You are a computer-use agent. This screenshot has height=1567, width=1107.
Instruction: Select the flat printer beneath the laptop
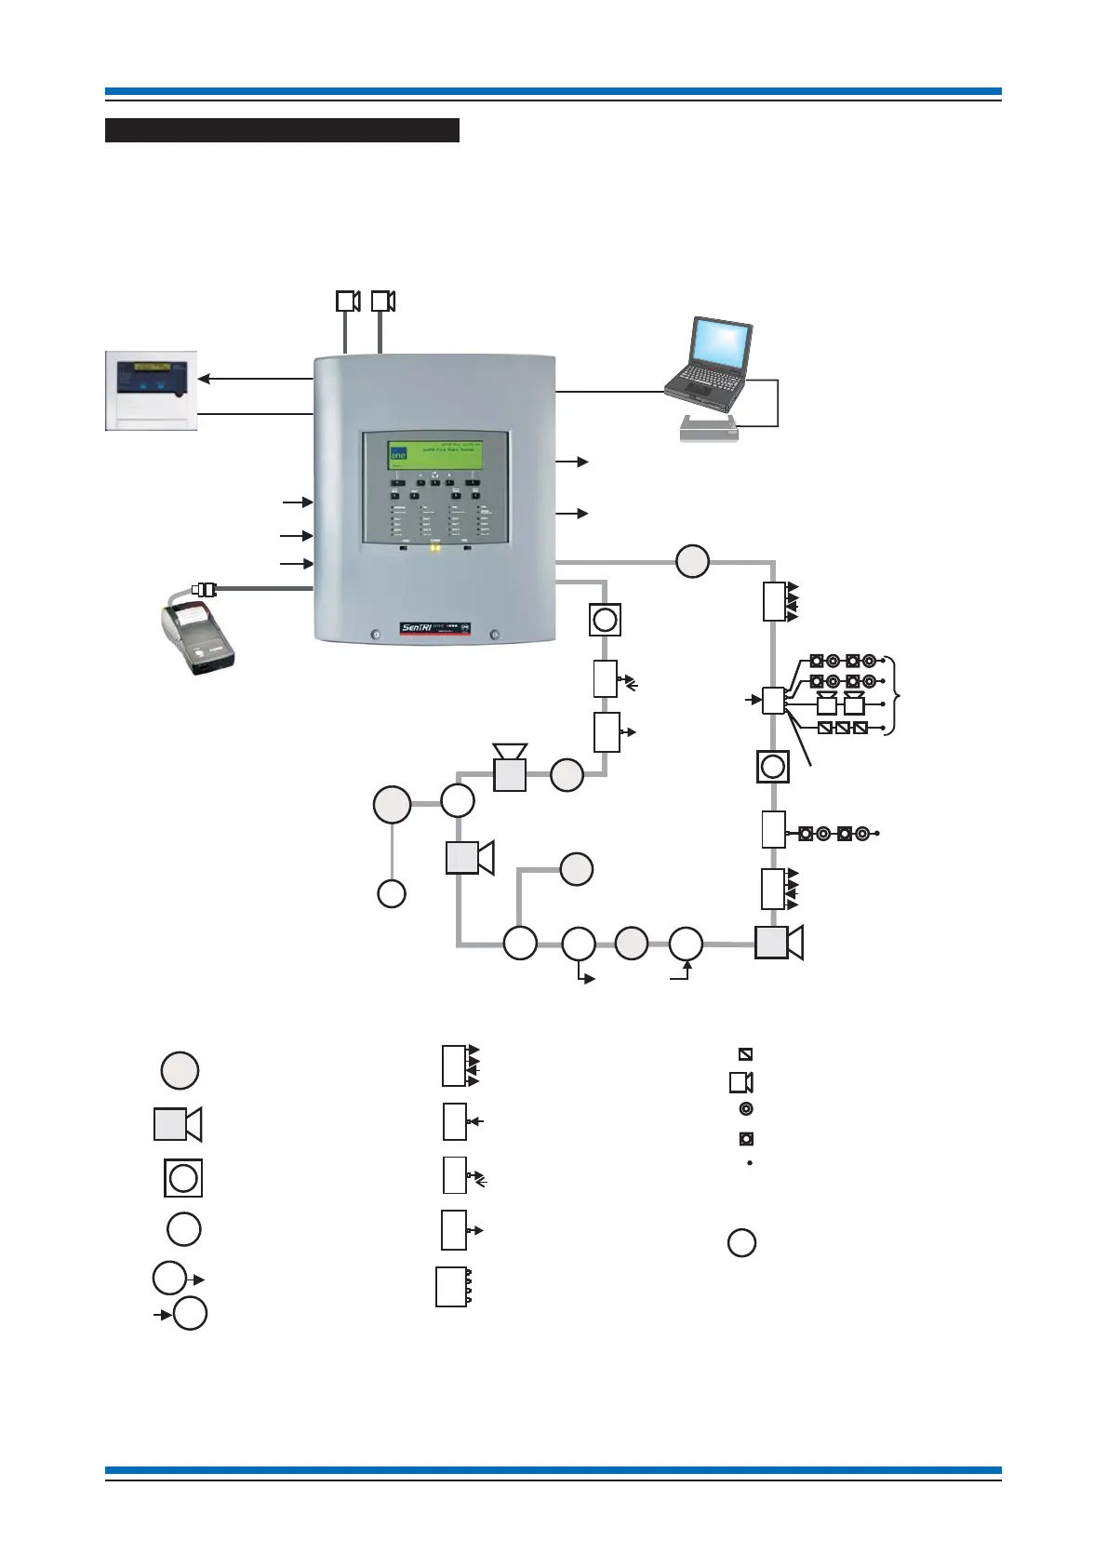pyautogui.click(x=709, y=428)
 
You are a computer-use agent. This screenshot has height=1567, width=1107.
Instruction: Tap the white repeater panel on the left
pyautogui.click(x=151, y=391)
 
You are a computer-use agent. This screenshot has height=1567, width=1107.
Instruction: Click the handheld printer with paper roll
pyautogui.click(x=196, y=636)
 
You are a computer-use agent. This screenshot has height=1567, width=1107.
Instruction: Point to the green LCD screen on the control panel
pyautogui.click(x=433, y=458)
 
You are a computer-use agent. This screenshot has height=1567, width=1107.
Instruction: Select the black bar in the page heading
pyautogui.click(x=282, y=130)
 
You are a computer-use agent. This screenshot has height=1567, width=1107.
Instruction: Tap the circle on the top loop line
pyautogui.click(x=692, y=561)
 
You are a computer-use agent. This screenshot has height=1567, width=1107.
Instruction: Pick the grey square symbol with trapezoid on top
pyautogui.click(x=509, y=770)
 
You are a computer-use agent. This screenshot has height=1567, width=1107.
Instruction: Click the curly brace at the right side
pyautogui.click(x=895, y=696)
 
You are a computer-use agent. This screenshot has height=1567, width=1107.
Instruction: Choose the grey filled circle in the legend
pyautogui.click(x=180, y=1070)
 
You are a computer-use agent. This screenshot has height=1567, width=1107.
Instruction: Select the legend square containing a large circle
pyautogui.click(x=183, y=1178)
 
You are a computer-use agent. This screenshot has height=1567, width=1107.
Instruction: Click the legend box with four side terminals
pyautogui.click(x=452, y=1287)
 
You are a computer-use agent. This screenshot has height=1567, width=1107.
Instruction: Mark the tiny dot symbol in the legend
pyautogui.click(x=749, y=1163)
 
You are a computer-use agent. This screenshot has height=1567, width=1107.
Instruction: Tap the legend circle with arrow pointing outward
pyautogui.click(x=170, y=1278)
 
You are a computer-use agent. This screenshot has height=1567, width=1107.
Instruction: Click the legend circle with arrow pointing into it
pyautogui.click(x=190, y=1313)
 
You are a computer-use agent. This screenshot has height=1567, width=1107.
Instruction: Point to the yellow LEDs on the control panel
pyautogui.click(x=434, y=548)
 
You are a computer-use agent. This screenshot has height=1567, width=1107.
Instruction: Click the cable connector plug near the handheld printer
pyautogui.click(x=204, y=589)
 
